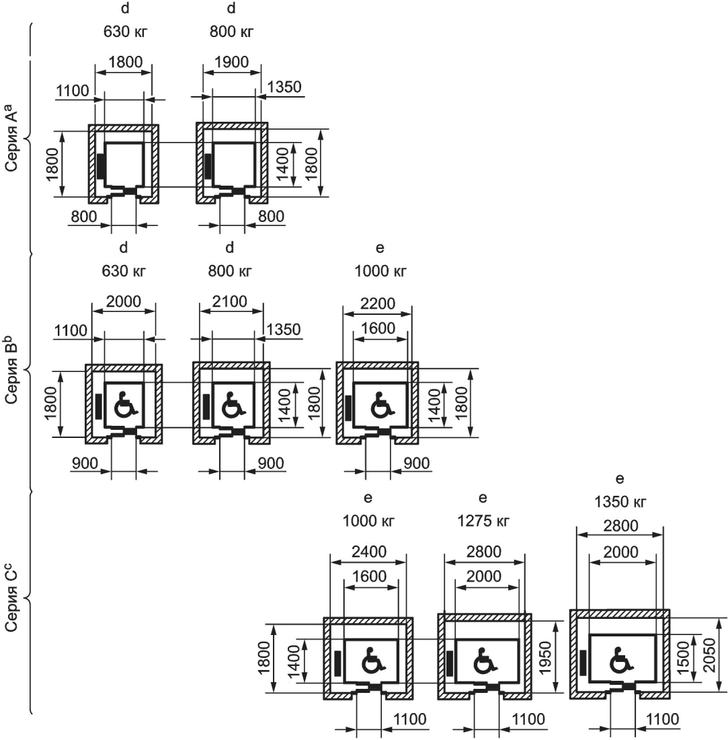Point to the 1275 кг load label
click(483, 522)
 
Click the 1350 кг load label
click(620, 502)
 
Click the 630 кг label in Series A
click(125, 31)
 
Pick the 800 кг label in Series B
click(231, 272)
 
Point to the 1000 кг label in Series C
click(368, 522)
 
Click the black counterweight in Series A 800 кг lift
click(208, 167)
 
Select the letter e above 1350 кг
click(620, 478)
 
